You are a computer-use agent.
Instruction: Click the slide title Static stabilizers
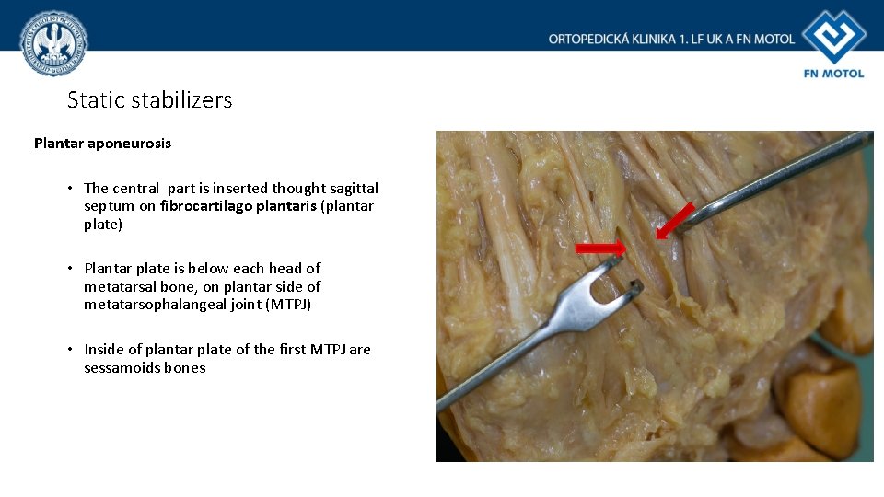click(149, 100)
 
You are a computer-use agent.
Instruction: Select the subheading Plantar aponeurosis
click(102, 144)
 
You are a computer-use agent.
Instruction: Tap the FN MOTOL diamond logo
click(833, 37)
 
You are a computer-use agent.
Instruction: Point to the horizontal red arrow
click(599, 248)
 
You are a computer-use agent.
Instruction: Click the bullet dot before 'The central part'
click(70, 189)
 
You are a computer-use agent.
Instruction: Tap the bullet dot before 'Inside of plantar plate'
click(70, 350)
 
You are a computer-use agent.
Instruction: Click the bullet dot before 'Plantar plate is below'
click(70, 269)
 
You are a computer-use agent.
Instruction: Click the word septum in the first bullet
click(109, 206)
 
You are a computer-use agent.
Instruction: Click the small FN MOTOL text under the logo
click(833, 74)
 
